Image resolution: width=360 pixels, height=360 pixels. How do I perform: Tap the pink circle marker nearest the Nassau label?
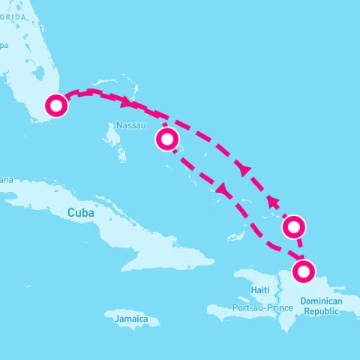[x=167, y=139]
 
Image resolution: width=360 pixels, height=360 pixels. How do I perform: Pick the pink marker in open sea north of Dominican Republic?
[x=293, y=226]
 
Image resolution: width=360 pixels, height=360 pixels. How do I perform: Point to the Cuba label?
[x=81, y=213]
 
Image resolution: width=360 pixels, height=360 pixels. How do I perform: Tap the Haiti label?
[x=259, y=290]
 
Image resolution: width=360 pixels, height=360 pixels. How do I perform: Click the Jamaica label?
[x=132, y=319]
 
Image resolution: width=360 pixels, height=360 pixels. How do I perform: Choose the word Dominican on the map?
[x=320, y=301]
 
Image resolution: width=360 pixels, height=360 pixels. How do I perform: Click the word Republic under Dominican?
[x=321, y=310]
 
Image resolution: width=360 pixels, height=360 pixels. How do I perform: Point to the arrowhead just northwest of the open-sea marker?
[x=274, y=201]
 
